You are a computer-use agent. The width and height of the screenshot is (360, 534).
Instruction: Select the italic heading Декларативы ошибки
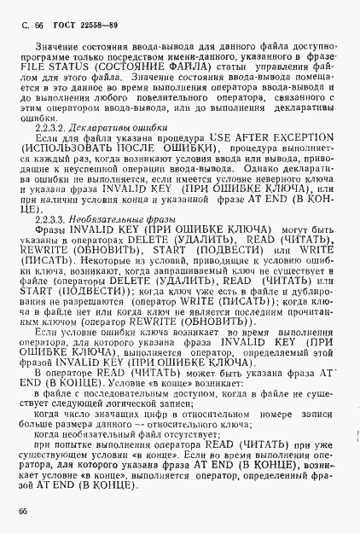point(119,126)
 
